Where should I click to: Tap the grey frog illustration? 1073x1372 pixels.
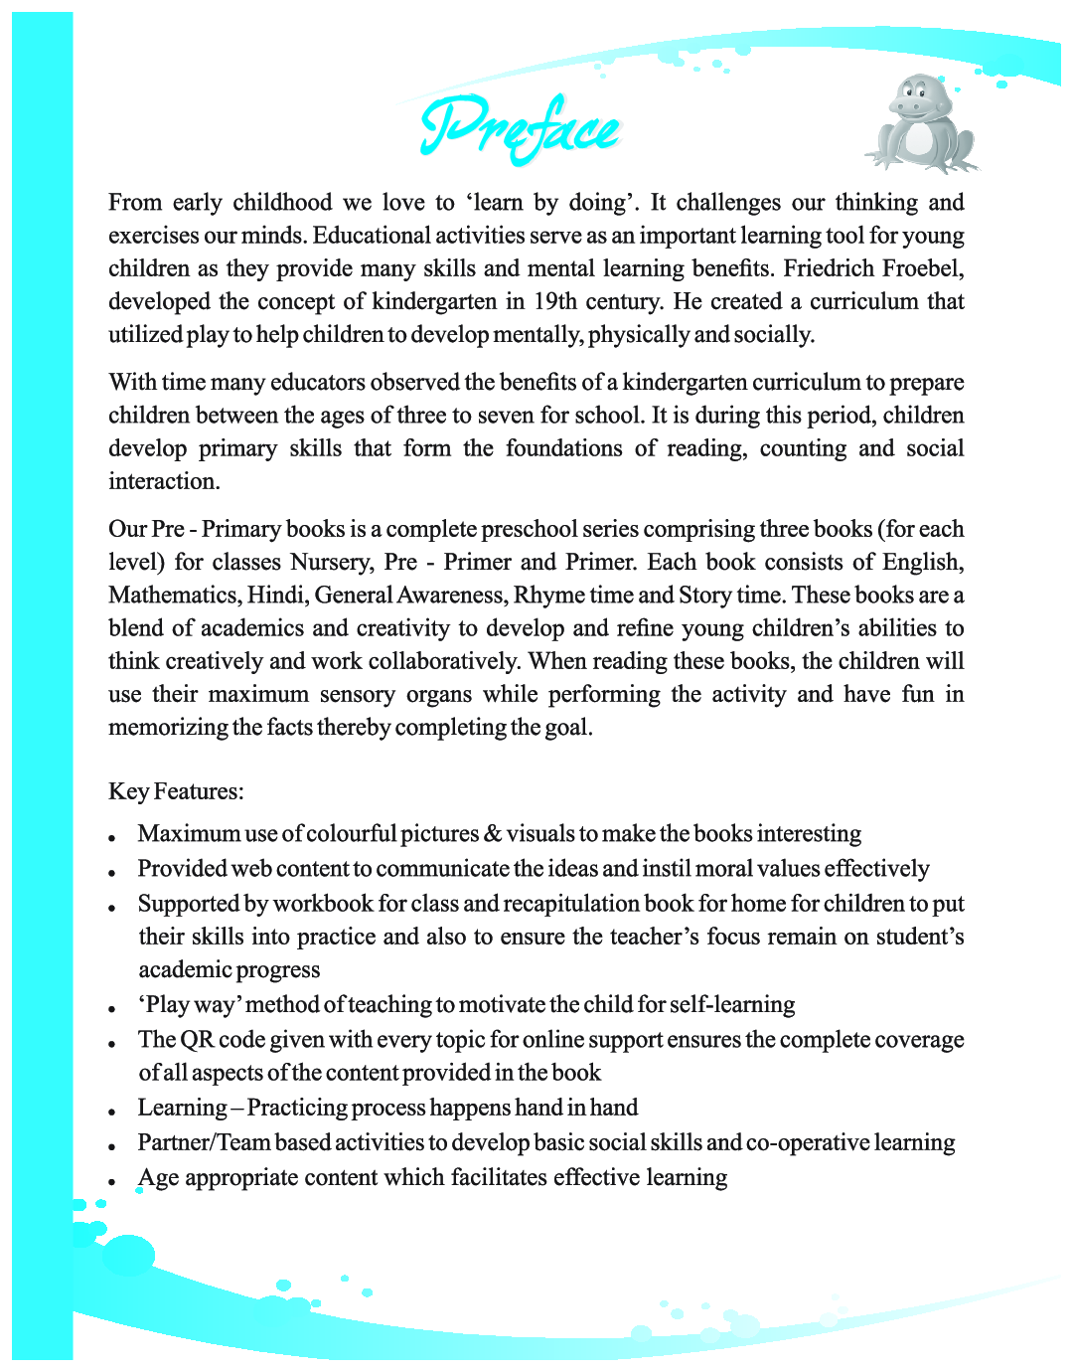point(922,124)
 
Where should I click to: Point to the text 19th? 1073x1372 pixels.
point(555,301)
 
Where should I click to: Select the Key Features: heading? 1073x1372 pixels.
point(176,791)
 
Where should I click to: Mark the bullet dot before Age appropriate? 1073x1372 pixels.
point(114,1182)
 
